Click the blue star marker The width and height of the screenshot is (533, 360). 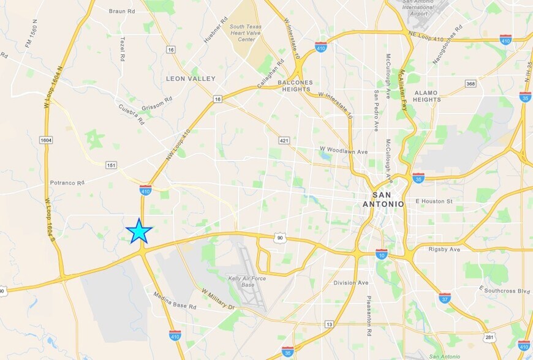click(x=139, y=231)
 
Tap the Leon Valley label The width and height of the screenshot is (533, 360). click(x=191, y=78)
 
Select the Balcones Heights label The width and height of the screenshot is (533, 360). click(x=295, y=86)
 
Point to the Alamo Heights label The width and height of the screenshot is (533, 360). click(x=427, y=96)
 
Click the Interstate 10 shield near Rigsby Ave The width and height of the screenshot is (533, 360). click(x=382, y=253)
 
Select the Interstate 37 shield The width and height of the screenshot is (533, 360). click(x=445, y=298)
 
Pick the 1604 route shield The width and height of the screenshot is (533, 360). click(x=46, y=140)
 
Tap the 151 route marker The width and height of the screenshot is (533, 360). click(x=111, y=165)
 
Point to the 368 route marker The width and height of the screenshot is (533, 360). click(x=471, y=83)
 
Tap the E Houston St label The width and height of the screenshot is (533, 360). click(x=434, y=201)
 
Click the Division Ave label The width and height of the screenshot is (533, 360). click(x=351, y=282)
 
